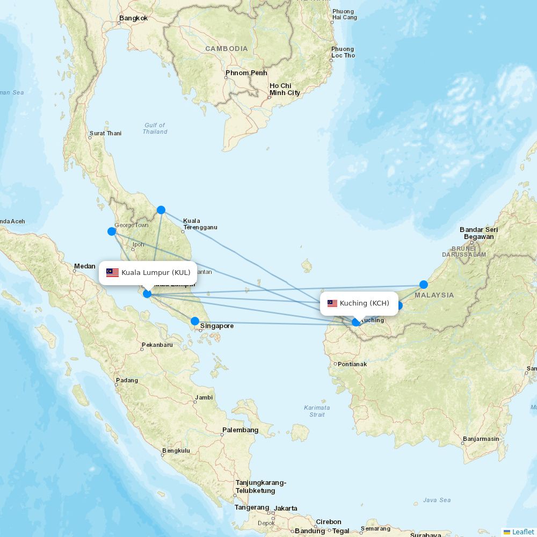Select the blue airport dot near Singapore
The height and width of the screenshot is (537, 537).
195,321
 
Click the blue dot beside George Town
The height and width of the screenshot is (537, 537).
112,231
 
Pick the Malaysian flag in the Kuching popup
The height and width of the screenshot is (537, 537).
332,303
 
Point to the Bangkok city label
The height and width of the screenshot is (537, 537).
133,18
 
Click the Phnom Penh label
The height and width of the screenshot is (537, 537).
246,73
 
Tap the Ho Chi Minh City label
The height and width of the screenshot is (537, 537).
285,89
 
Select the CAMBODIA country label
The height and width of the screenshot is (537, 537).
227,48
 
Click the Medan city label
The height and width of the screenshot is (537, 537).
84,266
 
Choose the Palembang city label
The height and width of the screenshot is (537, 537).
240,430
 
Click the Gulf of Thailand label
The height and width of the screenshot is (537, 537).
155,128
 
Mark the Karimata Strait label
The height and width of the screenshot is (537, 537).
317,411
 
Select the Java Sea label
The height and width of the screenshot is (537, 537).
437,500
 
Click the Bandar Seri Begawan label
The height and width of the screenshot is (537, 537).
478,233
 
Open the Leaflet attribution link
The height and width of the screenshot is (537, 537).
523,532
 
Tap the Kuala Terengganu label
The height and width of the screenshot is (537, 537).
200,224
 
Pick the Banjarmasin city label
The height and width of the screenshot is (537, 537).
481,439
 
